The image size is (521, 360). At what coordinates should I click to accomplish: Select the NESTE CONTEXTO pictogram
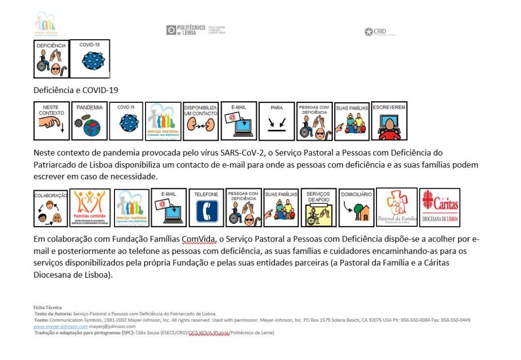51,121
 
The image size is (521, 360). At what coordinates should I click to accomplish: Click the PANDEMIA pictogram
90,121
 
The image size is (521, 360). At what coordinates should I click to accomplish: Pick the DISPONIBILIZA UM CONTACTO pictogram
200,121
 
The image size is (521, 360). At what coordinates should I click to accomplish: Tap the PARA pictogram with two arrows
277,121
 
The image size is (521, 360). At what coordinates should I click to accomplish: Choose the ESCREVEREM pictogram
389,121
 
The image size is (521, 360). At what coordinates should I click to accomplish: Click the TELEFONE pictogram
207,207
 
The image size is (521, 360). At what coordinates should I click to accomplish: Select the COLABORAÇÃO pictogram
50,208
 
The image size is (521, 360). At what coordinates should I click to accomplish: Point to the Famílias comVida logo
90,208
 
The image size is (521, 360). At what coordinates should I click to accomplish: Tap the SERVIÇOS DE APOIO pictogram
319,207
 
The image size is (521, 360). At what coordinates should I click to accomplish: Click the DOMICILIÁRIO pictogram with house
356,207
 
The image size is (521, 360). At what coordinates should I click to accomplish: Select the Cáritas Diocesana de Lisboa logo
440,207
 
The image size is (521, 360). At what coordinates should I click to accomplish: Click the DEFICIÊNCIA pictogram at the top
51,59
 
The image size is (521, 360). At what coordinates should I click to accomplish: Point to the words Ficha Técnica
47,308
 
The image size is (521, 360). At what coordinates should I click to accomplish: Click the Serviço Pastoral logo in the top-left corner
46,23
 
